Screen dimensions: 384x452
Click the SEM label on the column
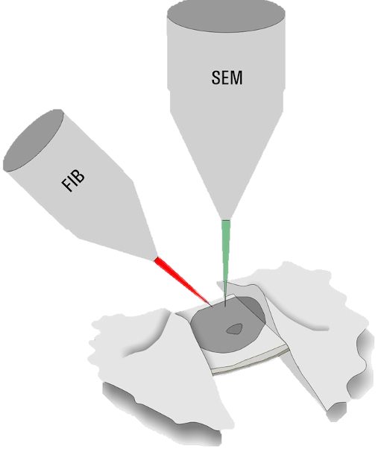pos(227,78)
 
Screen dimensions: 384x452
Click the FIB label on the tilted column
pos(74,181)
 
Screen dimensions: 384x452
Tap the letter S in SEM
pos(216,78)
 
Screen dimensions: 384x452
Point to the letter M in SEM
pos(237,78)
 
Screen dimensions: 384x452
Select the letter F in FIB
pos(67,186)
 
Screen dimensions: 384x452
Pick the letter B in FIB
pos(80,175)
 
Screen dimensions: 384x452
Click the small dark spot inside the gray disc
pos(234,329)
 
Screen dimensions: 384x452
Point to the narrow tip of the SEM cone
pos(226,219)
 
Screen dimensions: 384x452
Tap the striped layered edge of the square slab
pos(251,360)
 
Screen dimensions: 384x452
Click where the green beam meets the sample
pos(225,306)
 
